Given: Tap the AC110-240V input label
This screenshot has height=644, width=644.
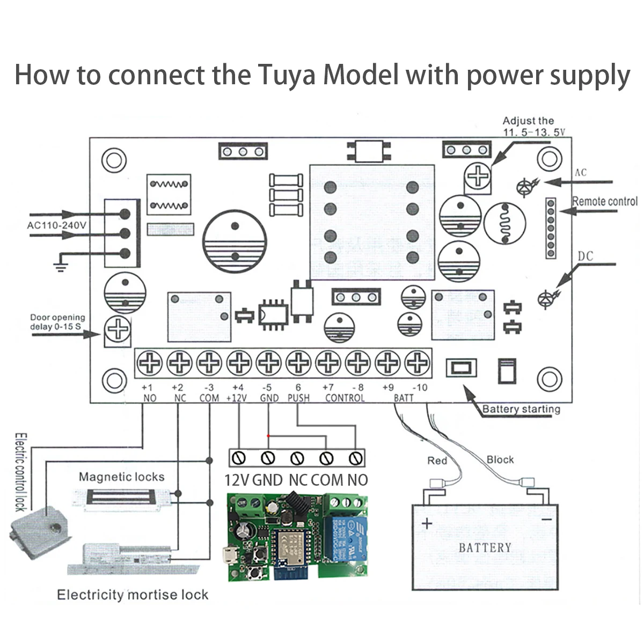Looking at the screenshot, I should tap(56, 225).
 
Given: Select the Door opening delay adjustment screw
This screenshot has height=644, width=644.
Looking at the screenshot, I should tap(118, 328).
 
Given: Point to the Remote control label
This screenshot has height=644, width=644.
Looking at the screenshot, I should tap(605, 202).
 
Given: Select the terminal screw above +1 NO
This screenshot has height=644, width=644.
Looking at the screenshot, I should tap(150, 363).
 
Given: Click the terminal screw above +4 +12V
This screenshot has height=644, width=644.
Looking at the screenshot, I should tap(239, 363).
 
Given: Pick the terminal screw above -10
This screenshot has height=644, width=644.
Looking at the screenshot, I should tap(416, 363).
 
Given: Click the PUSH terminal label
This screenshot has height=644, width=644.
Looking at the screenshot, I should tap(298, 398).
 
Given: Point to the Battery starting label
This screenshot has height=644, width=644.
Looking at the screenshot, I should tap(521, 409).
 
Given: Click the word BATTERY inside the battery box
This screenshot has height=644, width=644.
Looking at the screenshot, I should tap(485, 548).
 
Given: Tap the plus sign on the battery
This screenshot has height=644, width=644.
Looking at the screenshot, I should tap(427, 523).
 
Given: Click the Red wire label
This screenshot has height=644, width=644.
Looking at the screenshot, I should tap(437, 460).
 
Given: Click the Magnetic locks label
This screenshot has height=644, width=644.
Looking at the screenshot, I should tap(121, 477).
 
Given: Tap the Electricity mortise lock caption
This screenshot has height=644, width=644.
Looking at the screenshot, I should tap(133, 595).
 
